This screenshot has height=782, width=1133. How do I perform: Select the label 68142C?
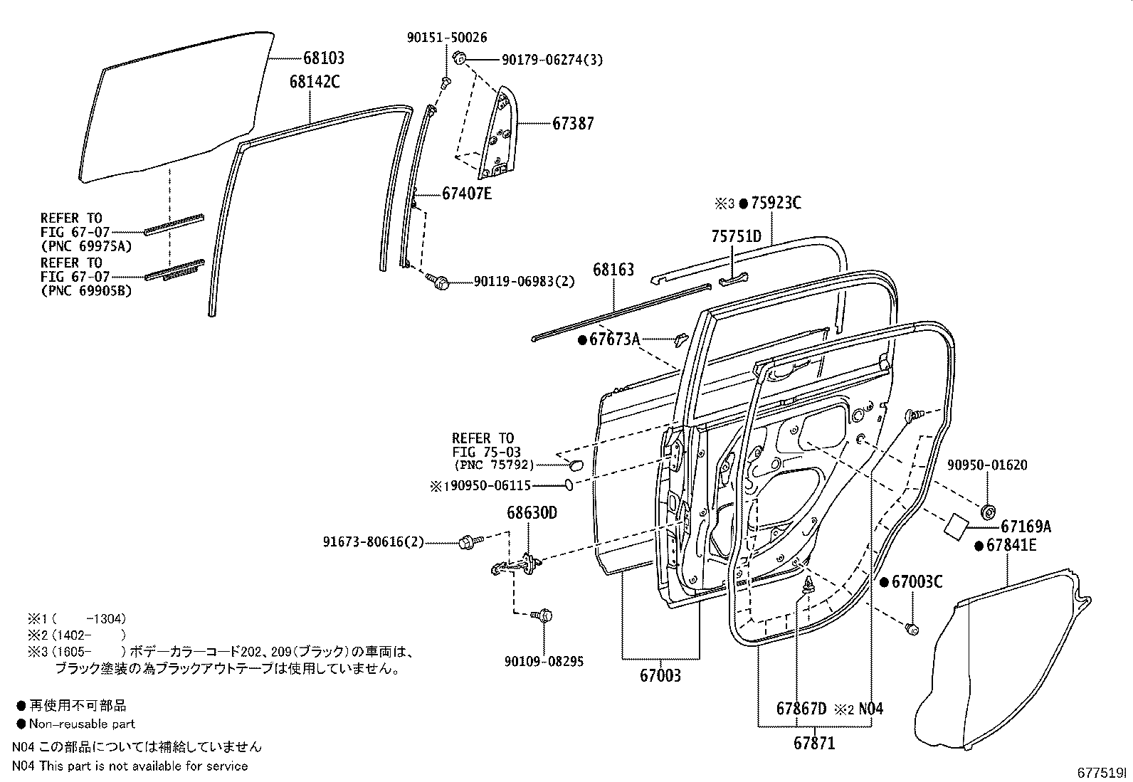(x=314, y=82)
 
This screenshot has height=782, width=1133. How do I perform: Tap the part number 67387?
(x=573, y=123)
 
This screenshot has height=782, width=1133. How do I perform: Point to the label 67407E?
(x=466, y=194)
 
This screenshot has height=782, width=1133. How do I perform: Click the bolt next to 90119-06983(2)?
(x=440, y=282)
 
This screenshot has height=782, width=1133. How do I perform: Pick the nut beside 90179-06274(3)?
(x=459, y=58)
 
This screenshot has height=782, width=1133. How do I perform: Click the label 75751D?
(x=737, y=236)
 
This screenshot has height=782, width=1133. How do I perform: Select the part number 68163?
(x=613, y=270)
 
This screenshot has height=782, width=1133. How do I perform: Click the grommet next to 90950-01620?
(x=988, y=512)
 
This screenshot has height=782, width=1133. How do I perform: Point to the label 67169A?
(x=1026, y=527)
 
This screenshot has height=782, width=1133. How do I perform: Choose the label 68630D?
(x=531, y=513)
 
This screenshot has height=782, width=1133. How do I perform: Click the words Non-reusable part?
(x=82, y=724)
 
